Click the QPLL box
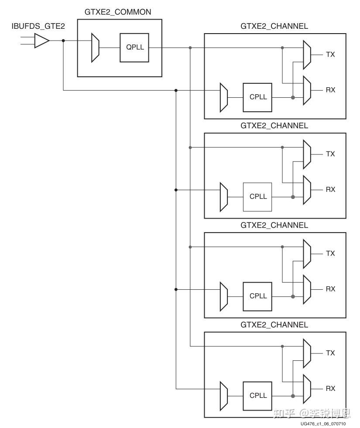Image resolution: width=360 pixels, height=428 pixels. click(135, 48)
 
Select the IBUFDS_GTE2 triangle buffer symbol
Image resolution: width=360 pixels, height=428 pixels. click(42, 41)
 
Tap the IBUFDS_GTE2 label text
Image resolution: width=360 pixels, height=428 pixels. click(38, 27)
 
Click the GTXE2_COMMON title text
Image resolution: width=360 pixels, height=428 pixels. click(118, 12)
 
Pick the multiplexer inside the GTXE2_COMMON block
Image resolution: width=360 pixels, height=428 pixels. click(95, 48)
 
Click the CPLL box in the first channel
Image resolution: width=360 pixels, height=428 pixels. click(258, 97)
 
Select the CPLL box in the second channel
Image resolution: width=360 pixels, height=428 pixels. click(258, 196)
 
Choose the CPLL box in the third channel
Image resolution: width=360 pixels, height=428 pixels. click(258, 296)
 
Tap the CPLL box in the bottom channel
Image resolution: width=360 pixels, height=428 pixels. click(258, 395)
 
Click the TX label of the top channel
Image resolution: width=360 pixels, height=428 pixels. click(330, 55)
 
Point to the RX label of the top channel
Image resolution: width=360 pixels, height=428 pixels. click(330, 90)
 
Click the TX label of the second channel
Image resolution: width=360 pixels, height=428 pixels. click(330, 154)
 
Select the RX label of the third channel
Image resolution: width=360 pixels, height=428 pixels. click(330, 289)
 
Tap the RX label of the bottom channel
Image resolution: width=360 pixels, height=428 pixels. click(330, 388)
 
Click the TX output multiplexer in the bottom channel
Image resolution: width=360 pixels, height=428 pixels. click(307, 353)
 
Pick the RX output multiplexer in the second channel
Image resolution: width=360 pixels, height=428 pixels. click(307, 190)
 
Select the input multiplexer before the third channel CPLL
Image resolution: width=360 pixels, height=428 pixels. click(224, 296)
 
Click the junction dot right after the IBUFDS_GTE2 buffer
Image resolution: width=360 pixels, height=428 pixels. click(63, 41)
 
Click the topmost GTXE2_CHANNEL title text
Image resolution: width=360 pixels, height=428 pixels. click(274, 26)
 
